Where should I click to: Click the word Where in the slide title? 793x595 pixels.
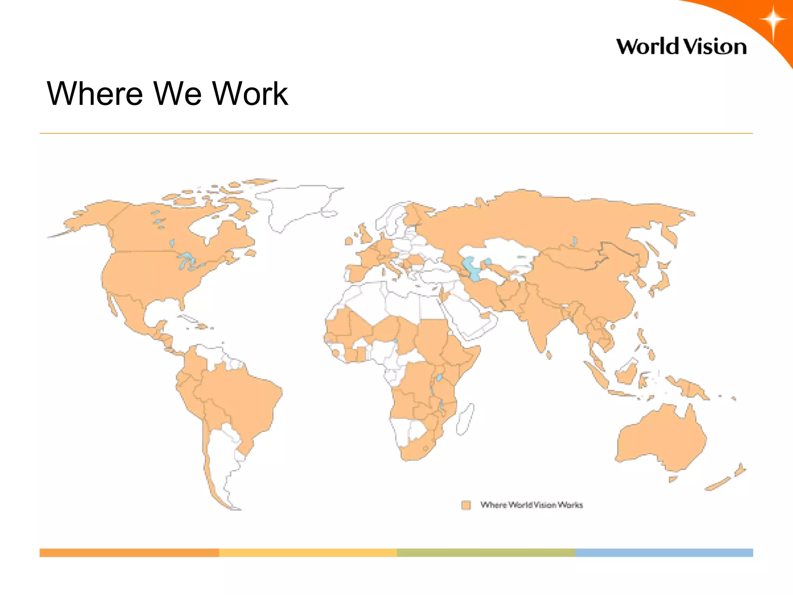[x=95, y=94]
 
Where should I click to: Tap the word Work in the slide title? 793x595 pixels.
[x=250, y=94]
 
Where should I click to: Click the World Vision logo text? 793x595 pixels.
[x=681, y=47]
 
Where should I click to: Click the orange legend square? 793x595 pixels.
[x=466, y=505]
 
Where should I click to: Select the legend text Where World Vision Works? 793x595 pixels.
[x=531, y=505]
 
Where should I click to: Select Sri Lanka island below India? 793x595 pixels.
[x=549, y=354]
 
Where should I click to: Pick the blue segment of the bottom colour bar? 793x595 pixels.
[x=664, y=552]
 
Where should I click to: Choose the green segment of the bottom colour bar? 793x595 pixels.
[x=486, y=552]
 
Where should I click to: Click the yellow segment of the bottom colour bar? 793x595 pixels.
[x=308, y=552]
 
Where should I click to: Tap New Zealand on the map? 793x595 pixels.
[x=724, y=480]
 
